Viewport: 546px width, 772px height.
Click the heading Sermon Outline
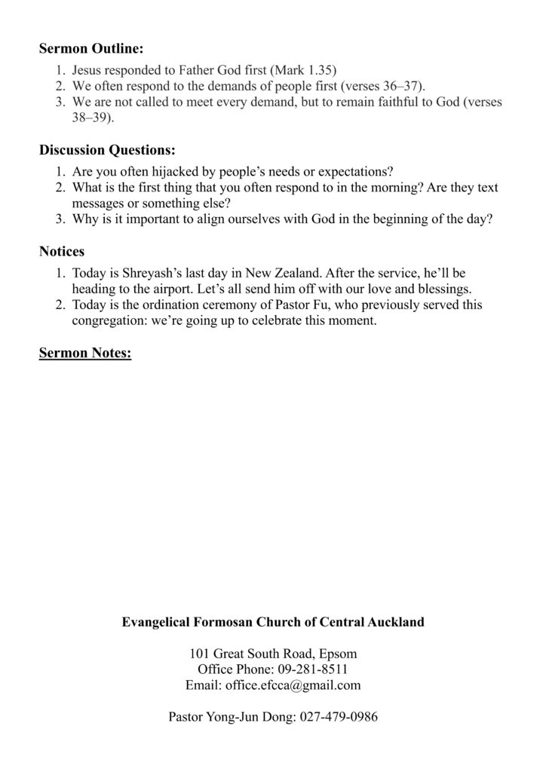click(x=91, y=50)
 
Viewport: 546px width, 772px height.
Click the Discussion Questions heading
click(x=107, y=150)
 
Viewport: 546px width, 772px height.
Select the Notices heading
click(x=62, y=250)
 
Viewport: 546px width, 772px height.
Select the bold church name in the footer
click(x=273, y=623)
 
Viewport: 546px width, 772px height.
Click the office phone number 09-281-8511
click(x=311, y=669)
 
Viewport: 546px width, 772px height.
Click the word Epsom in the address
click(x=339, y=653)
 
